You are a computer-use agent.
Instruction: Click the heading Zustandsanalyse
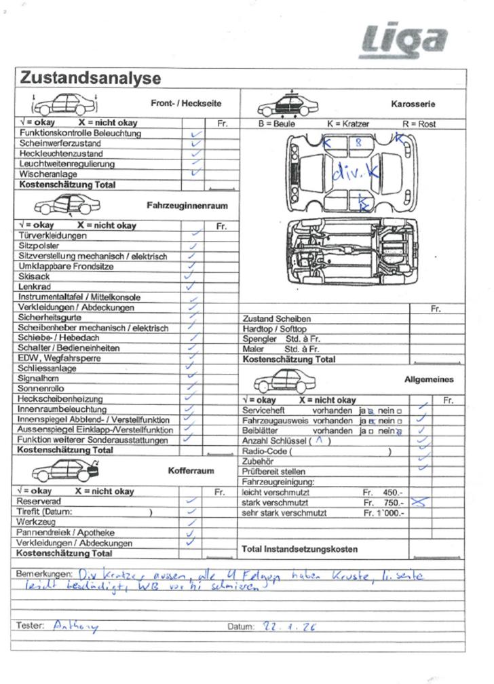click(90, 78)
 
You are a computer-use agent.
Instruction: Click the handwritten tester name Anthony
click(75, 627)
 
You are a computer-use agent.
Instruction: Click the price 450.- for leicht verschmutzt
click(392, 493)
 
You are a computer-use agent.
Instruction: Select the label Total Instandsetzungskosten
click(299, 549)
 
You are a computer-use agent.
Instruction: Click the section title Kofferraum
click(191, 470)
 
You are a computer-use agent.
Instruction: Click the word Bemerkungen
click(43, 574)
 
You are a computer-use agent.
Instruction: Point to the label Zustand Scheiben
click(276, 318)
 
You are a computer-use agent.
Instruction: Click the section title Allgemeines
click(429, 380)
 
